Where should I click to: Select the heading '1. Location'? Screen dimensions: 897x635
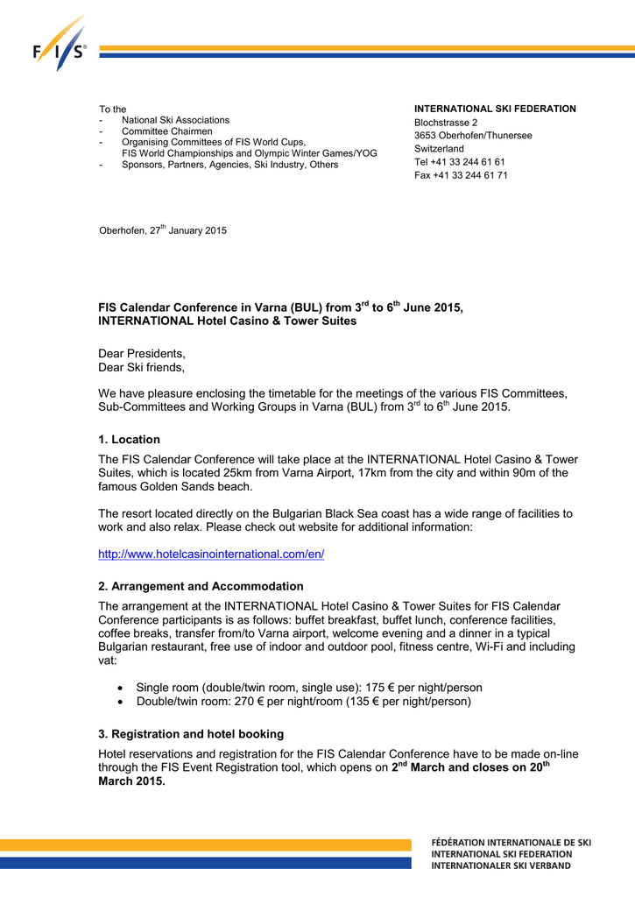(129, 440)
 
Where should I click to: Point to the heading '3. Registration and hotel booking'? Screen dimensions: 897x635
(191, 734)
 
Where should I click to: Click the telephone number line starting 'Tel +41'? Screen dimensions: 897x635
(459, 162)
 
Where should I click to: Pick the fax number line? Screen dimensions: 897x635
(461, 175)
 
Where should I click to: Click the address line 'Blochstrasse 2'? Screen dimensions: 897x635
(446, 123)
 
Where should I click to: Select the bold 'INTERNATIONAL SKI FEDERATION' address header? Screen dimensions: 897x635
(495, 109)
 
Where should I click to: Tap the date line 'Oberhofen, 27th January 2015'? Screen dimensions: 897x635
(162, 230)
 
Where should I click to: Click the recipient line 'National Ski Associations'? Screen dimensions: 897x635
(175, 120)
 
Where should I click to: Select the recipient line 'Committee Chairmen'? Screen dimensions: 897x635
(166, 131)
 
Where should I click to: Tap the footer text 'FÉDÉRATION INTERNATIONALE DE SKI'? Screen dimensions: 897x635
(512, 843)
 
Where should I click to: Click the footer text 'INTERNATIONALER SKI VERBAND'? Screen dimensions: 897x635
(501, 865)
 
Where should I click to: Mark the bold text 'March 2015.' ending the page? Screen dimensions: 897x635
(131, 781)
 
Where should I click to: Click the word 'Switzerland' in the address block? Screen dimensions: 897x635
(439, 149)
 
